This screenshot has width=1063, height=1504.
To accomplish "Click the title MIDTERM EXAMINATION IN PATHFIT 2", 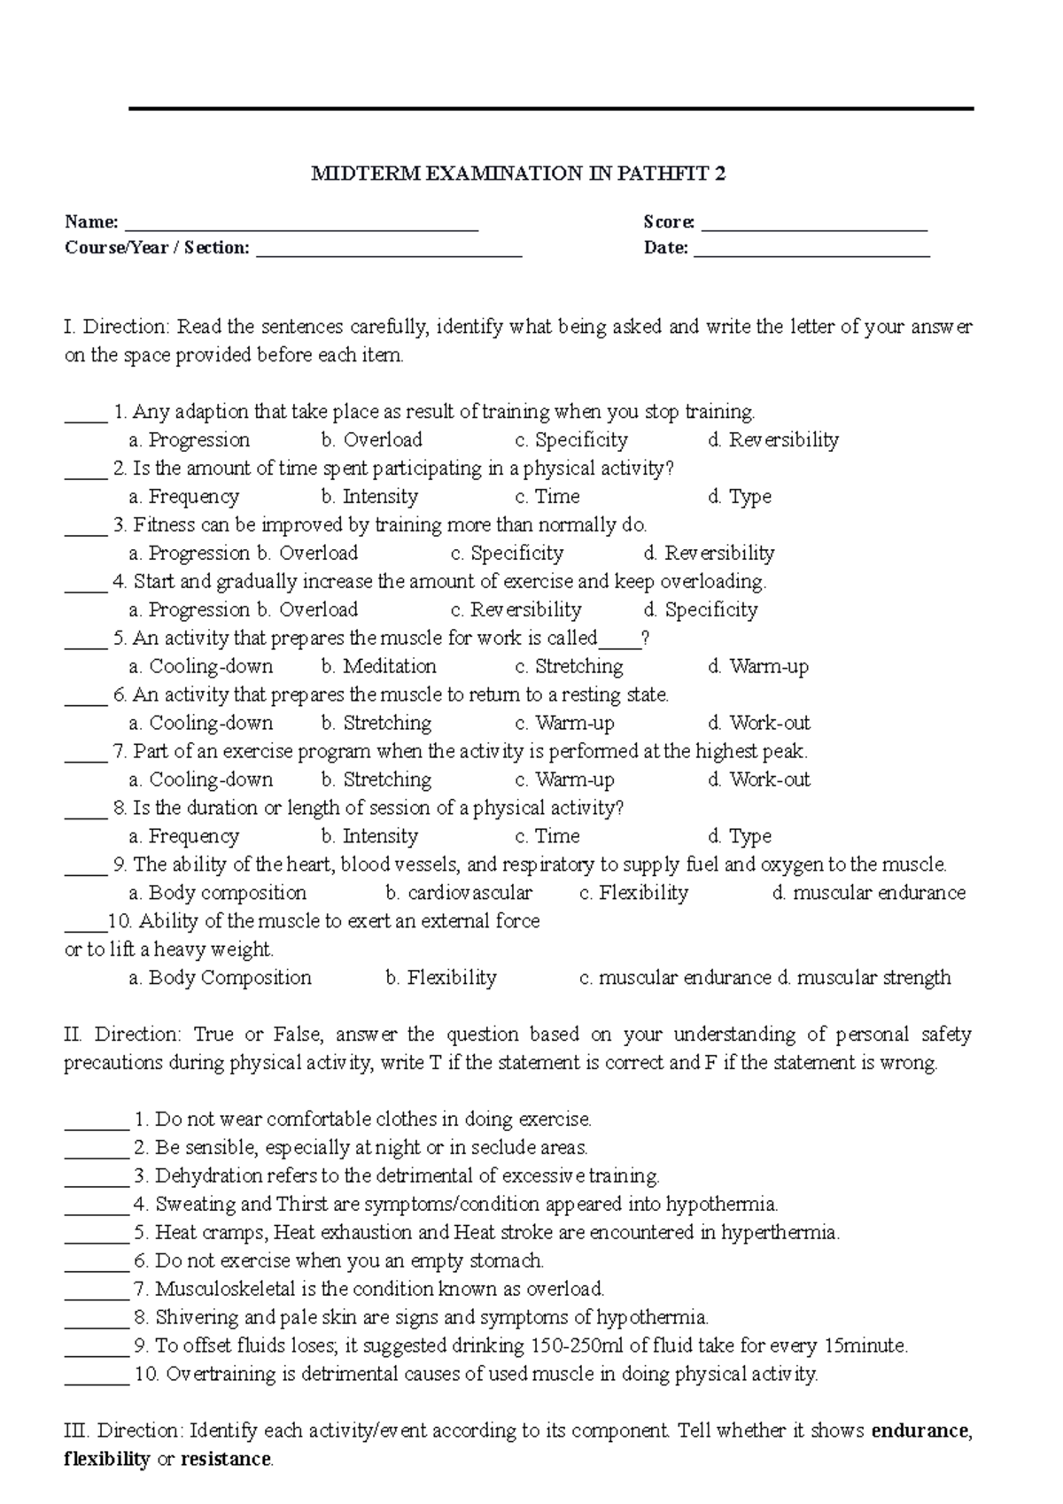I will click(x=518, y=174).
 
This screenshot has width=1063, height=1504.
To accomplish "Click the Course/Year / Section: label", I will click(x=157, y=248).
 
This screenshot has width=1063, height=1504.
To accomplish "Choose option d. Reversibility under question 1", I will click(x=773, y=440).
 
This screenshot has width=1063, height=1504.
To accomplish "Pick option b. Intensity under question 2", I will click(x=369, y=497).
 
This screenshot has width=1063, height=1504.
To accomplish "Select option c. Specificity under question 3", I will click(x=507, y=554).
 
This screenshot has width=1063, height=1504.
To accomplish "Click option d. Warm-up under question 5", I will click(x=758, y=667).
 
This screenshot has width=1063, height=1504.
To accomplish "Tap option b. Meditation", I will click(x=379, y=667).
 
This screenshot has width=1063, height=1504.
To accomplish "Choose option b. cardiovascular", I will click(x=459, y=893).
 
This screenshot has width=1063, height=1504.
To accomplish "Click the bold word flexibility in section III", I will click(x=106, y=1460).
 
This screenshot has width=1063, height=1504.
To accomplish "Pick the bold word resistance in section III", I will click(x=225, y=1460).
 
